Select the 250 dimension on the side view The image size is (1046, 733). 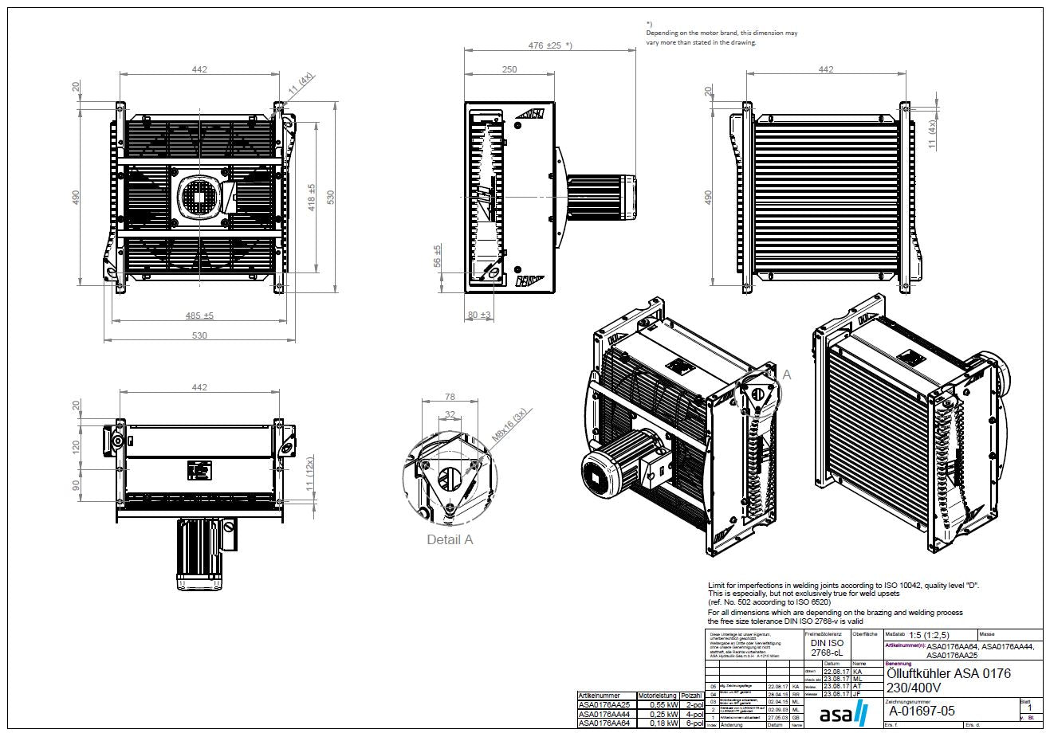(x=509, y=69)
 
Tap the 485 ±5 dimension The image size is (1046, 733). (x=199, y=316)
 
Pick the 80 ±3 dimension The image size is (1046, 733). (x=479, y=316)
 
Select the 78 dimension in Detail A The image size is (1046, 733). (x=449, y=396)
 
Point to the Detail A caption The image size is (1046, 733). (x=450, y=539)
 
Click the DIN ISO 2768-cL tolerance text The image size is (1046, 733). (x=826, y=648)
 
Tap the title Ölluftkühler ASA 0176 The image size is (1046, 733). (x=948, y=673)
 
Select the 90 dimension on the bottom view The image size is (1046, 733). (x=77, y=486)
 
